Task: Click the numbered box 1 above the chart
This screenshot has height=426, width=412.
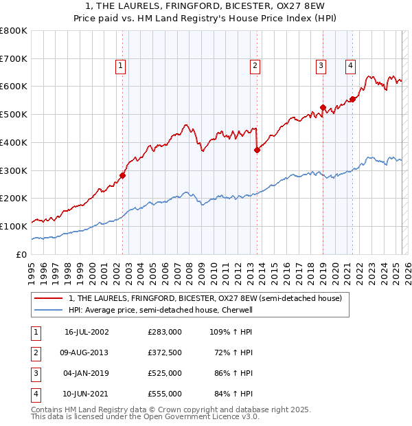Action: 120,66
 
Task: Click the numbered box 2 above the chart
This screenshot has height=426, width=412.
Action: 255,66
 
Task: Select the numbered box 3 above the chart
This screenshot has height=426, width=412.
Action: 321,66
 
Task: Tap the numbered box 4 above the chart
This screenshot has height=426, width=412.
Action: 350,66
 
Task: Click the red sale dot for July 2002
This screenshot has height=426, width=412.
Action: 123,175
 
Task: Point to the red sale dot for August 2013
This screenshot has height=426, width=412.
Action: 257,150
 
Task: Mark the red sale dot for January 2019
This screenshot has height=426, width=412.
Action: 323,107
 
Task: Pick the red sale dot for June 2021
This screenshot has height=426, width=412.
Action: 352,99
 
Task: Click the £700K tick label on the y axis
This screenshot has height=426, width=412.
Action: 13,58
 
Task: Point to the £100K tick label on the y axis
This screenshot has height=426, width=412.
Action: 13,226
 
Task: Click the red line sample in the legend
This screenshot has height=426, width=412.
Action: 49,298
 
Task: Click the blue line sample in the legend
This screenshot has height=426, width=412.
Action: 49,310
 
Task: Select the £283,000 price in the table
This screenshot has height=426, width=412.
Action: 165,332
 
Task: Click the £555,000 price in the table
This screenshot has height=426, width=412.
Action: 165,394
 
